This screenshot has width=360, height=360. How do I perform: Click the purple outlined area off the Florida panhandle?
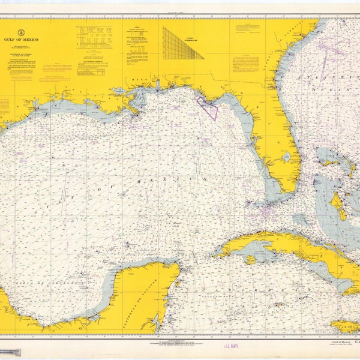point(207,107)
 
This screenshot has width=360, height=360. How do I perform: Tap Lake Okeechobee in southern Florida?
point(287,157)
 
